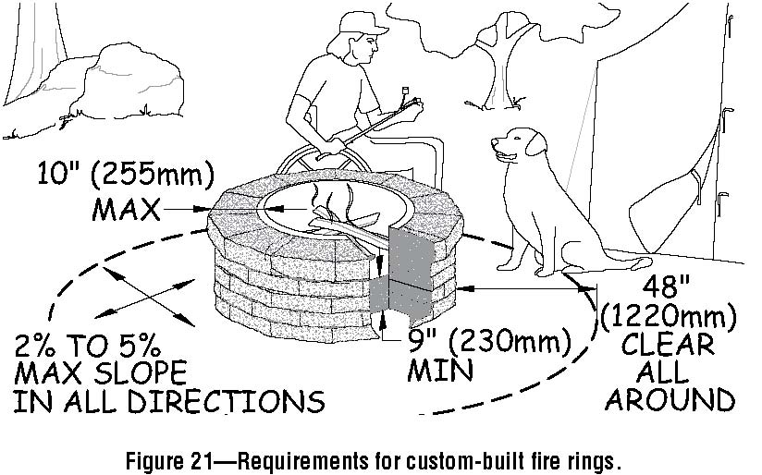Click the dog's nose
pos(495,142)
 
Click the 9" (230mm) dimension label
pos(487,342)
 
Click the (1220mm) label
pos(668,317)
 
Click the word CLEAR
pos(668,345)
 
